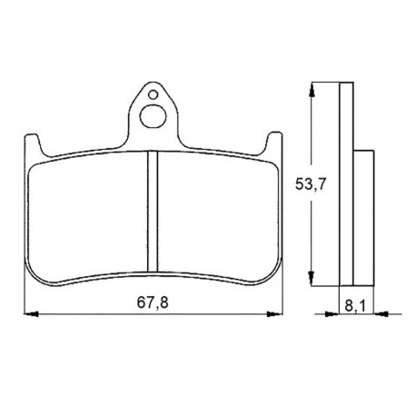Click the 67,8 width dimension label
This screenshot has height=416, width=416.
[153, 302]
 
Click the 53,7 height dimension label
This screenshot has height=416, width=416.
[311, 184]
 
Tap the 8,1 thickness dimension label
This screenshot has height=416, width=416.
[355, 306]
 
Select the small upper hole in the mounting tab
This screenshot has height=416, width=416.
[153, 94]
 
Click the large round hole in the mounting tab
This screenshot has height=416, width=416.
[153, 116]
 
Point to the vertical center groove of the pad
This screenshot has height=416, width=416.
[153, 212]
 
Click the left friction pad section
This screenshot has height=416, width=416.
[87, 217]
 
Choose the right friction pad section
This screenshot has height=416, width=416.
[219, 217]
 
